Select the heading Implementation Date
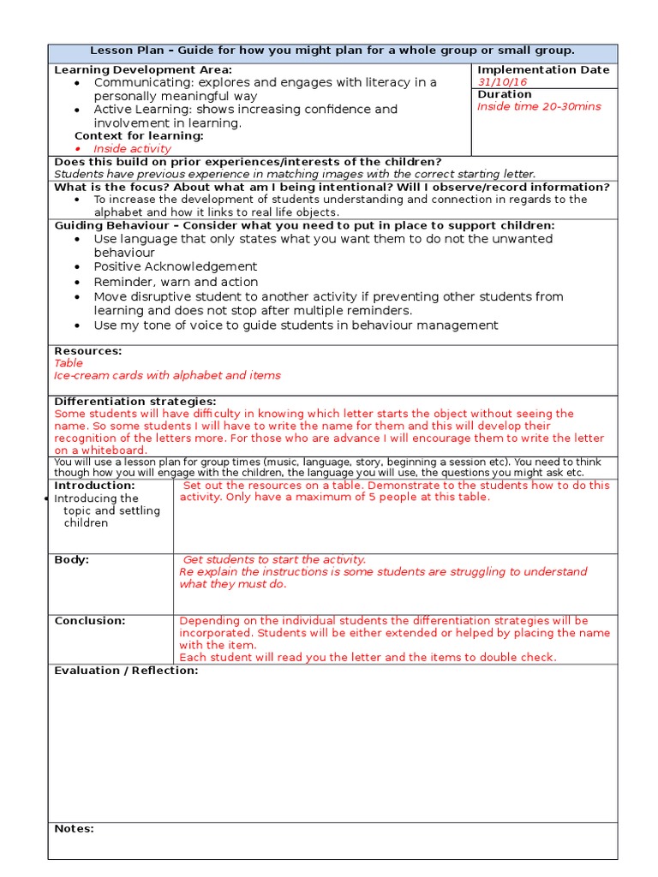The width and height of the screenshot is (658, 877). pyautogui.click(x=543, y=70)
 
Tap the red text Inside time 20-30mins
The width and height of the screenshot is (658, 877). pyautogui.click(x=539, y=107)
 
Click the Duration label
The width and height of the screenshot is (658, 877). pyautogui.click(x=505, y=94)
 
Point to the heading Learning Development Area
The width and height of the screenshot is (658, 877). pyautogui.click(x=143, y=70)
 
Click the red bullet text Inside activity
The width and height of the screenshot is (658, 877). pyautogui.click(x=132, y=149)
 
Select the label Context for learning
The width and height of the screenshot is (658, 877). pyautogui.click(x=139, y=136)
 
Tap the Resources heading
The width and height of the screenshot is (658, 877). pyautogui.click(x=88, y=351)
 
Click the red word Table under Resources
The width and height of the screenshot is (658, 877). pyautogui.click(x=69, y=363)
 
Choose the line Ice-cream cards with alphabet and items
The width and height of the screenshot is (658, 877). pyautogui.click(x=167, y=375)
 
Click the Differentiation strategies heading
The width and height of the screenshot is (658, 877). pyautogui.click(x=135, y=402)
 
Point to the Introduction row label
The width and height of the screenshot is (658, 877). pyautogui.click(x=94, y=486)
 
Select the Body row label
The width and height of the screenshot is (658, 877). pyautogui.click(x=72, y=560)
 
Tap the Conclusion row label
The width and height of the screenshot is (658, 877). pyautogui.click(x=90, y=621)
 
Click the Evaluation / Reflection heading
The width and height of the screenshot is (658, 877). pyautogui.click(x=126, y=671)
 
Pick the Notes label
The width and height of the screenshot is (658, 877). pyautogui.click(x=74, y=829)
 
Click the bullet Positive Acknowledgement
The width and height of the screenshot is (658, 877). pyautogui.click(x=175, y=267)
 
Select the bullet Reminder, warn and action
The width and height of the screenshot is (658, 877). pyautogui.click(x=176, y=282)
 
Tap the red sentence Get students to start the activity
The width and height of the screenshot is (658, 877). pyautogui.click(x=274, y=560)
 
